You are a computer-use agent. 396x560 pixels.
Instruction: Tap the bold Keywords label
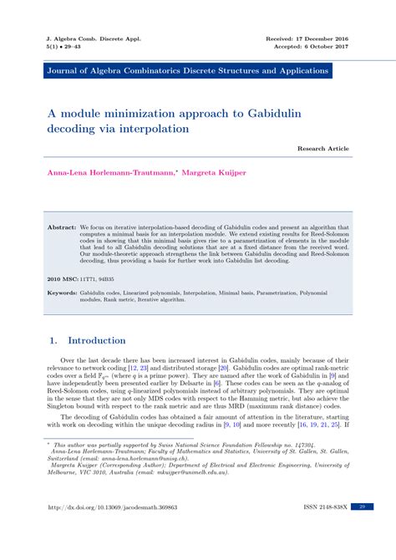pos(63,293)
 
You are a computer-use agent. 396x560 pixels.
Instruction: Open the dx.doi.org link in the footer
pos(125,530)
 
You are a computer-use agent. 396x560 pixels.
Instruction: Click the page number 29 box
pos(362,530)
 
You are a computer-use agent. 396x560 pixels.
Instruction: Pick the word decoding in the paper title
pos(73,130)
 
